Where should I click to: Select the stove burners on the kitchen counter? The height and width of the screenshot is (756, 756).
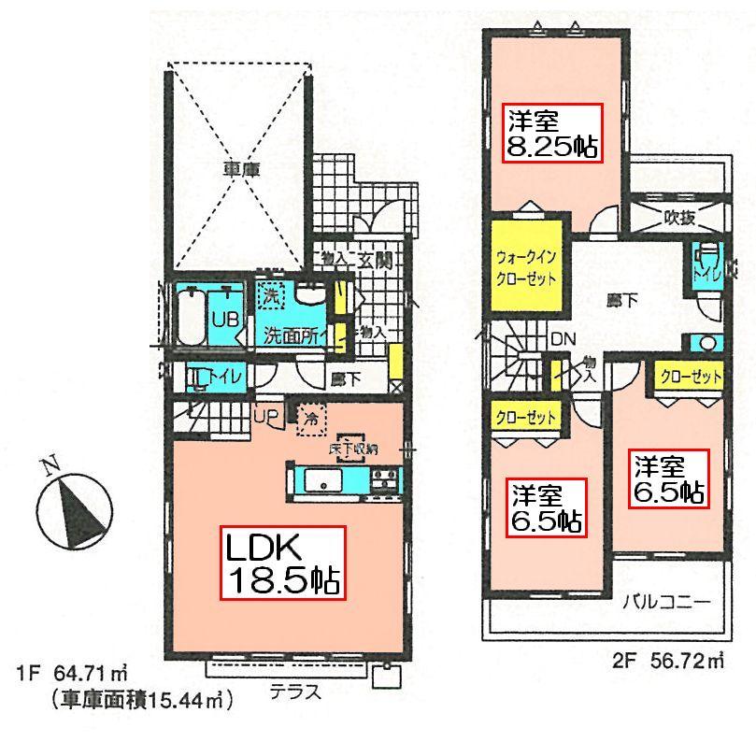coord(383,481)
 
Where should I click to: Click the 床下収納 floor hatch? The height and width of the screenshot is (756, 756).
coord(352,447)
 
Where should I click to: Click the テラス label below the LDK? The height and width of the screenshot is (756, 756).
coord(295,692)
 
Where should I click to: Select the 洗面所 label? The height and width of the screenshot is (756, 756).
coord(289,335)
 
